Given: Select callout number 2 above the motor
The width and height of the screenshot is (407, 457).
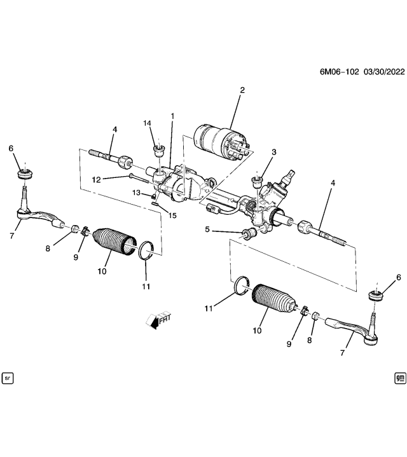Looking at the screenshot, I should click(x=242, y=91).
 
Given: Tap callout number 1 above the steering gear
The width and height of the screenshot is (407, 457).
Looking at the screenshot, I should click(x=172, y=116).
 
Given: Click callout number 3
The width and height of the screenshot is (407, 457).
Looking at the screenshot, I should click(x=274, y=152).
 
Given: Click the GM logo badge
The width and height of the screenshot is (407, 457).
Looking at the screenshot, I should click(x=399, y=378).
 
